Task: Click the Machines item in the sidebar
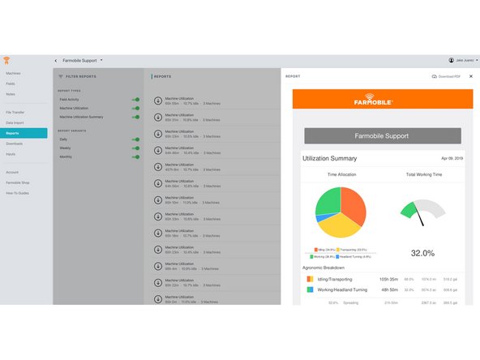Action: click(x=13, y=73)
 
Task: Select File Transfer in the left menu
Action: click(x=15, y=112)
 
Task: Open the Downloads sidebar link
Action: click(x=14, y=143)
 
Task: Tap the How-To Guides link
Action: click(x=18, y=192)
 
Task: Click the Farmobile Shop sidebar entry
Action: click(x=19, y=182)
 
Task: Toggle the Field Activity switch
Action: click(x=135, y=99)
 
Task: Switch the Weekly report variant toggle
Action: click(x=135, y=148)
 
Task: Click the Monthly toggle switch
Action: click(x=135, y=157)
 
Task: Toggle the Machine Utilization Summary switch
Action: click(x=135, y=117)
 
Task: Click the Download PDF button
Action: click(x=445, y=76)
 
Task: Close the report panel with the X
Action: click(x=470, y=76)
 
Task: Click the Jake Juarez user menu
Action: click(x=462, y=60)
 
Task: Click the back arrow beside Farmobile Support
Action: click(x=55, y=60)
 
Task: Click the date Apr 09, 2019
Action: click(x=451, y=157)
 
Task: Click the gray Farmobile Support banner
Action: click(x=382, y=135)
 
